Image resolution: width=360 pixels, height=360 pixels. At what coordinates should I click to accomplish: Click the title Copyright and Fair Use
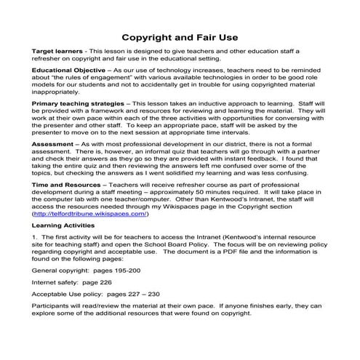pos(180,37)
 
